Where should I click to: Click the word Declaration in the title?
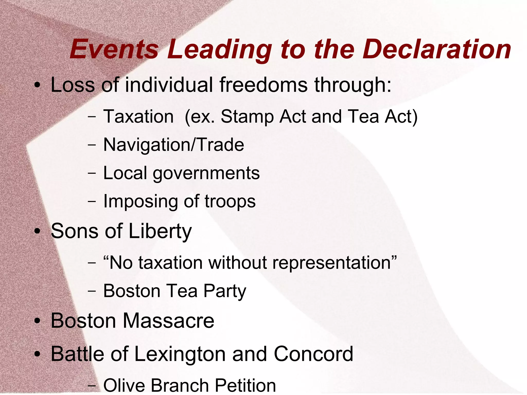pyautogui.click(x=437, y=49)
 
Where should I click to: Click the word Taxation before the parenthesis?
pyautogui.click(x=138, y=116)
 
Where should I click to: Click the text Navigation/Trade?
pyautogui.click(x=174, y=145)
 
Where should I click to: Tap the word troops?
pyautogui.click(x=230, y=201)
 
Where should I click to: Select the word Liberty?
pyautogui.click(x=160, y=231)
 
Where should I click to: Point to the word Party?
pyautogui.click(x=225, y=291)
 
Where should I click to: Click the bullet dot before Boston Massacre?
pyautogui.click(x=38, y=321)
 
